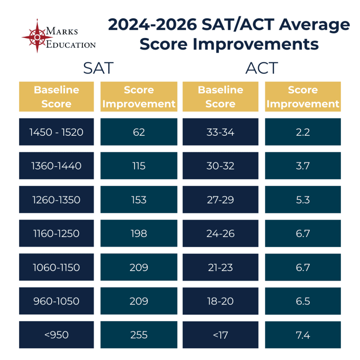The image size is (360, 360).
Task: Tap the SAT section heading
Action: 98,68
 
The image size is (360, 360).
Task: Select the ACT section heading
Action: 262,68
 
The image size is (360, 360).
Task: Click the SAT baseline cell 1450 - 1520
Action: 57,132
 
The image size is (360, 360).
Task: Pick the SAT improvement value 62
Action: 139,132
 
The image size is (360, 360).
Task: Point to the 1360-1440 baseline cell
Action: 57,166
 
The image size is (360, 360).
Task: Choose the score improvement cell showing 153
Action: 139,200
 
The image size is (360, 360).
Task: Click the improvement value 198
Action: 139,233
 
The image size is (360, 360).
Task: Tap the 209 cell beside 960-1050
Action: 139,301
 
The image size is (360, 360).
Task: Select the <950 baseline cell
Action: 57,335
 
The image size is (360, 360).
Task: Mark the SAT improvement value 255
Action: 139,335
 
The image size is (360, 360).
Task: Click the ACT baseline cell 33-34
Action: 220,132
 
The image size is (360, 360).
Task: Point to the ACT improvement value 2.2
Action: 303,132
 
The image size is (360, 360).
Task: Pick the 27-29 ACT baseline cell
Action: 220,200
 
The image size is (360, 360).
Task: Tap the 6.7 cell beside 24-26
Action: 303,233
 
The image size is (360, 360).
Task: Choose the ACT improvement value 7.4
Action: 303,335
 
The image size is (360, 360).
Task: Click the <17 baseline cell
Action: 220,335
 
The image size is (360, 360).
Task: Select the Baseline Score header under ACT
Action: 220,97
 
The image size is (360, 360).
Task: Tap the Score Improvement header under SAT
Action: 139,97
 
